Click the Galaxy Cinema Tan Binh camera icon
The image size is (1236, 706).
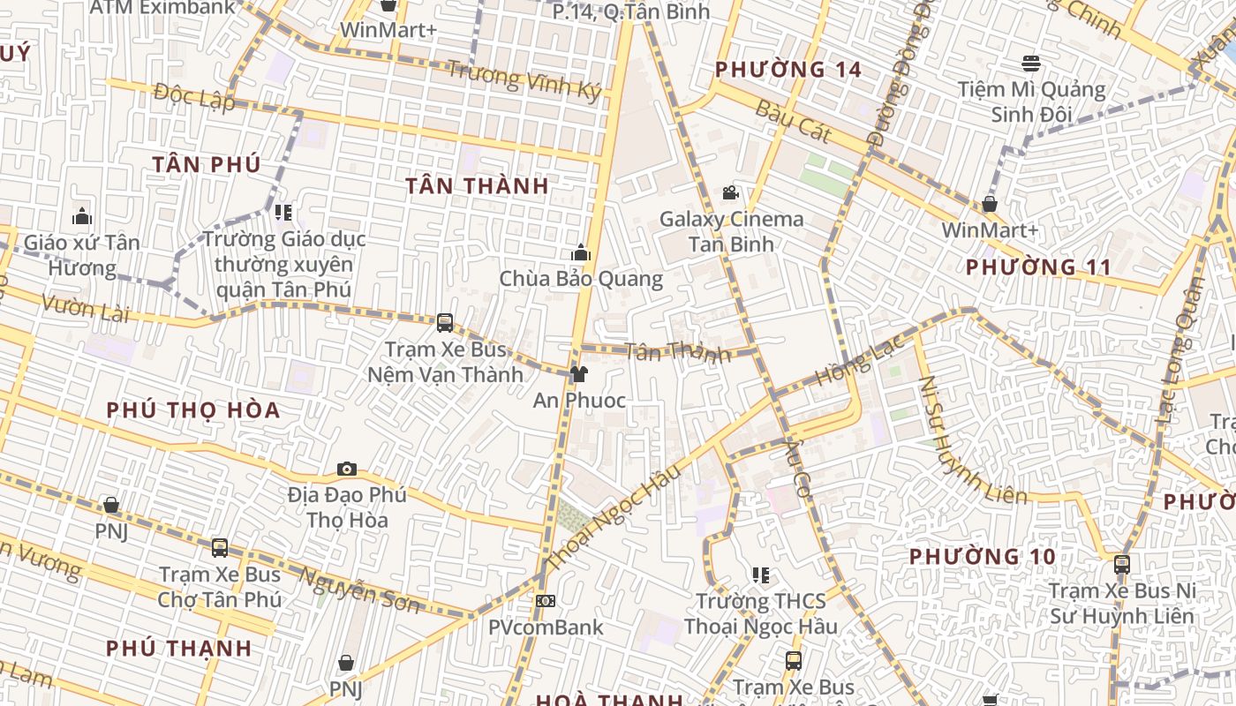click(730, 192)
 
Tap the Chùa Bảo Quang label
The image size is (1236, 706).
click(581, 279)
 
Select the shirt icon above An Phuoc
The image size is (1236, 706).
click(579, 374)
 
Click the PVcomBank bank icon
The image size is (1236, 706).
click(546, 601)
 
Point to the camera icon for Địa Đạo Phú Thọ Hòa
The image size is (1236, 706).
click(347, 469)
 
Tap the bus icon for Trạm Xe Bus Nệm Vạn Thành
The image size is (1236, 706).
click(445, 323)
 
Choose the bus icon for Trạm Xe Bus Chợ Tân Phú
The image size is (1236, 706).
click(220, 548)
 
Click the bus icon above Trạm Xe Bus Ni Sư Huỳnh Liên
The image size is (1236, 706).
click(1121, 564)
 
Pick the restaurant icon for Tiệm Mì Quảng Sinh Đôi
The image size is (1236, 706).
click(1031, 64)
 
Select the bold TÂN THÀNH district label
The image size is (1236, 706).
click(477, 185)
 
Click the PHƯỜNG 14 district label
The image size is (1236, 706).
click(788, 69)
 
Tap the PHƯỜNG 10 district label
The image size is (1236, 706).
click(982, 557)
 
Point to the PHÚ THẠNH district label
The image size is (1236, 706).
click(179, 648)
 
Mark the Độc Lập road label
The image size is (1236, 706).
click(193, 95)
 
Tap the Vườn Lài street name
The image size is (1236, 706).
click(85, 309)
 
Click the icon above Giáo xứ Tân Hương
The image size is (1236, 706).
click(82, 216)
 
